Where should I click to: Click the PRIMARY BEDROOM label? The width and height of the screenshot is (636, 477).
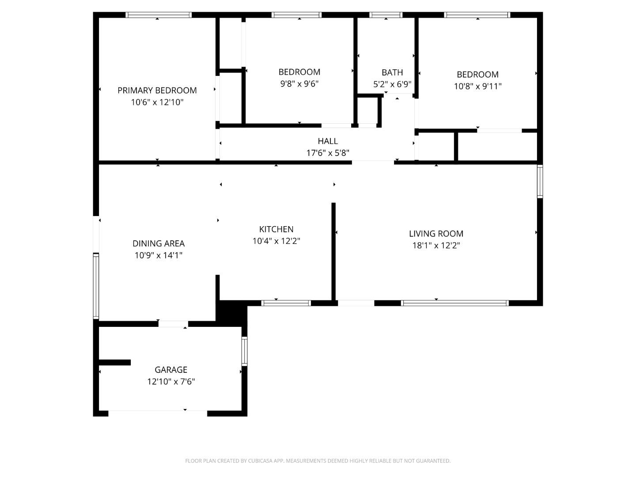(157, 91)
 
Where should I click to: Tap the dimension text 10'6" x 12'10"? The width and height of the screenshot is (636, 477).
(157, 102)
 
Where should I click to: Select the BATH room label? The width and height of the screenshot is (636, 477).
(392, 72)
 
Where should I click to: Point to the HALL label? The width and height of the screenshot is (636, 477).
(328, 141)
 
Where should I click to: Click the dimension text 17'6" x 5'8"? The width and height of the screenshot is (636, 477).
(328, 153)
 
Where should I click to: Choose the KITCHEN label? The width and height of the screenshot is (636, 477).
(276, 229)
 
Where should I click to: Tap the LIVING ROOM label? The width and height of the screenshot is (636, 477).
(436, 234)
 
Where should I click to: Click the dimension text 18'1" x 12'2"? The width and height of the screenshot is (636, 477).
(436, 246)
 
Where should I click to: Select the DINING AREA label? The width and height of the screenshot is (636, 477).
(159, 243)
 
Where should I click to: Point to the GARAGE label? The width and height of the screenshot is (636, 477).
(171, 370)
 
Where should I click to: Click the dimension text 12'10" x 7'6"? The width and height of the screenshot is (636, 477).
(171, 382)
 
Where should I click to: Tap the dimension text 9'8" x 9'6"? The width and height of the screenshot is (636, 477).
(299, 84)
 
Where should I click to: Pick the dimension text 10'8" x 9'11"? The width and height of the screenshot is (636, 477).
(478, 86)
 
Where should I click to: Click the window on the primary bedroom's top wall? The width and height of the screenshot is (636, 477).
(159, 15)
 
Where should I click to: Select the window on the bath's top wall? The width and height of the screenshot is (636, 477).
(386, 15)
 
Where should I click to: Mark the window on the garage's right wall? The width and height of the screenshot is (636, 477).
(244, 351)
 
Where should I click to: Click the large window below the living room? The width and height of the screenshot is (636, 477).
(455, 303)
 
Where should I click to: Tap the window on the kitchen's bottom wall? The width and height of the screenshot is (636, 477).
(286, 303)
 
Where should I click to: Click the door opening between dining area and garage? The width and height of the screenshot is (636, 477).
(173, 324)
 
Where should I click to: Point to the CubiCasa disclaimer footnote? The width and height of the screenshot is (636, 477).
(318, 461)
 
